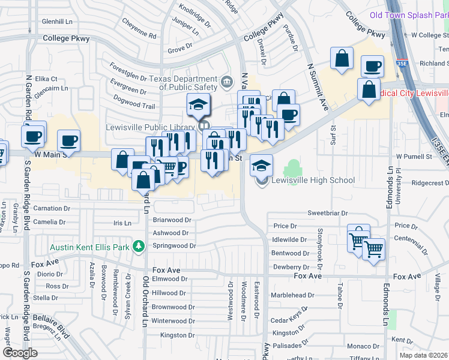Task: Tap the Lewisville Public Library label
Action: (x=151, y=127)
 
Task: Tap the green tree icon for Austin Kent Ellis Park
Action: (x=139, y=246)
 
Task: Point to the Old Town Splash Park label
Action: (x=409, y=15)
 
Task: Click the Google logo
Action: (x=20, y=352)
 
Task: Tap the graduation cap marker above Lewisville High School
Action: (x=261, y=164)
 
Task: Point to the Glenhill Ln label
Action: (x=57, y=21)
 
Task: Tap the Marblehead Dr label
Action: (x=294, y=295)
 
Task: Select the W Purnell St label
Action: (x=416, y=157)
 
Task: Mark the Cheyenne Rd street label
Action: (x=139, y=36)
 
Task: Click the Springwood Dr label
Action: (x=174, y=246)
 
